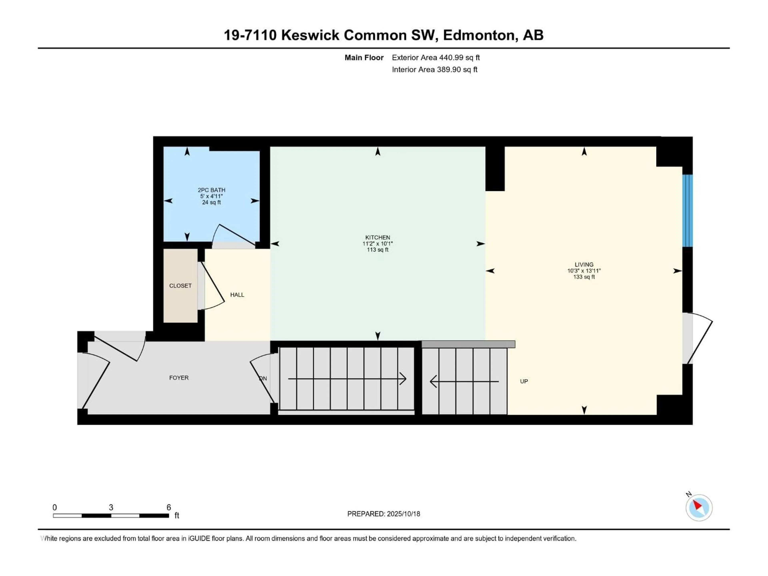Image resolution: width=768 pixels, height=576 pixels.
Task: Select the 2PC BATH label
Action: coord(211,190)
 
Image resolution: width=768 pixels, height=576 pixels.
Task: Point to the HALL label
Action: coord(237,295)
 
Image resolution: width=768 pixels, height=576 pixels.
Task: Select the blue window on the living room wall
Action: coord(687,210)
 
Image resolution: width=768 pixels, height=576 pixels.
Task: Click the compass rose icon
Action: coord(699,508)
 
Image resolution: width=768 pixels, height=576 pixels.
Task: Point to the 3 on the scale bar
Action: coord(111,507)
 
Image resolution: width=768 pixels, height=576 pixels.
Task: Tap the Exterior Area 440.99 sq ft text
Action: coord(436,58)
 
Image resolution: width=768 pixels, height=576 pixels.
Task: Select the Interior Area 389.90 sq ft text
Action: coord(434,69)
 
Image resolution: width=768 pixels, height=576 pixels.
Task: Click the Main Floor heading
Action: coord(364,58)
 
